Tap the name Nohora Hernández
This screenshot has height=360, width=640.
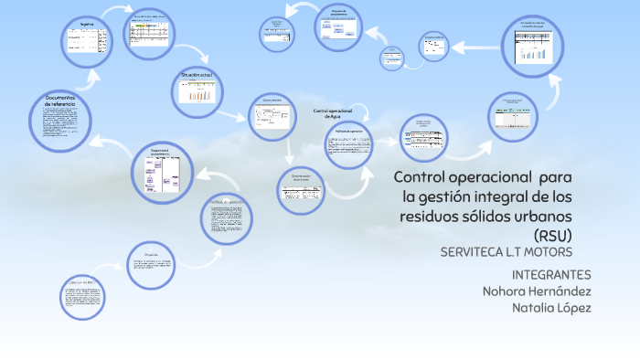[x=537, y=291]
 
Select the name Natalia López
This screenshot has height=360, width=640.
[x=551, y=308]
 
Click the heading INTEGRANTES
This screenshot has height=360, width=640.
[x=551, y=275]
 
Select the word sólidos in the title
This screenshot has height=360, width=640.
[x=507, y=216]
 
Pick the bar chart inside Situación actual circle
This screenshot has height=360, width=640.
[x=200, y=94]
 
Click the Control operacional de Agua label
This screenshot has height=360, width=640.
[x=332, y=113]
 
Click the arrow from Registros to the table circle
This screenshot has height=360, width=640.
[x=113, y=12]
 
